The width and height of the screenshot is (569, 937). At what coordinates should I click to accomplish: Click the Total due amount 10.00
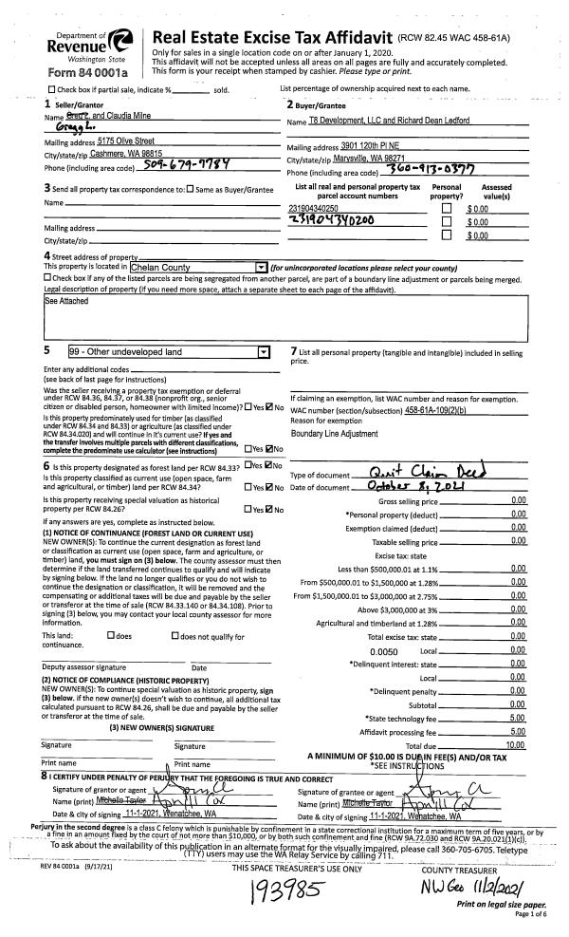[516, 749]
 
